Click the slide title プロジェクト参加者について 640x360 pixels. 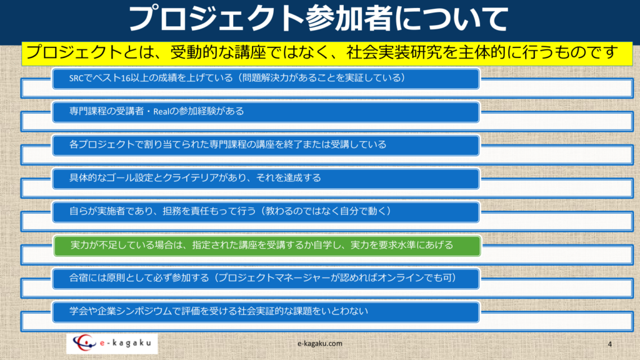318,19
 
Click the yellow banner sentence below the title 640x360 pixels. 322,52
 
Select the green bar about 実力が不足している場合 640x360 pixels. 267,246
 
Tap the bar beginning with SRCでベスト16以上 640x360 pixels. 266,79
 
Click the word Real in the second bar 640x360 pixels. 161,111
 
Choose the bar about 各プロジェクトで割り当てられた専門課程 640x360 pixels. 266,145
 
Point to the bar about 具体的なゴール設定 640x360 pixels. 266,179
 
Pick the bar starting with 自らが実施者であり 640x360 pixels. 266,212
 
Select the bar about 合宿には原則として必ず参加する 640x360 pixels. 266,279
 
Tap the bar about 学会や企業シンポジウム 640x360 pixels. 266,312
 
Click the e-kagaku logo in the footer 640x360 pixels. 112,343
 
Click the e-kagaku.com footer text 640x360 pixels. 320,344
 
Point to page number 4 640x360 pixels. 610,344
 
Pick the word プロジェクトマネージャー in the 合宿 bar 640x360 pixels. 274,278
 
